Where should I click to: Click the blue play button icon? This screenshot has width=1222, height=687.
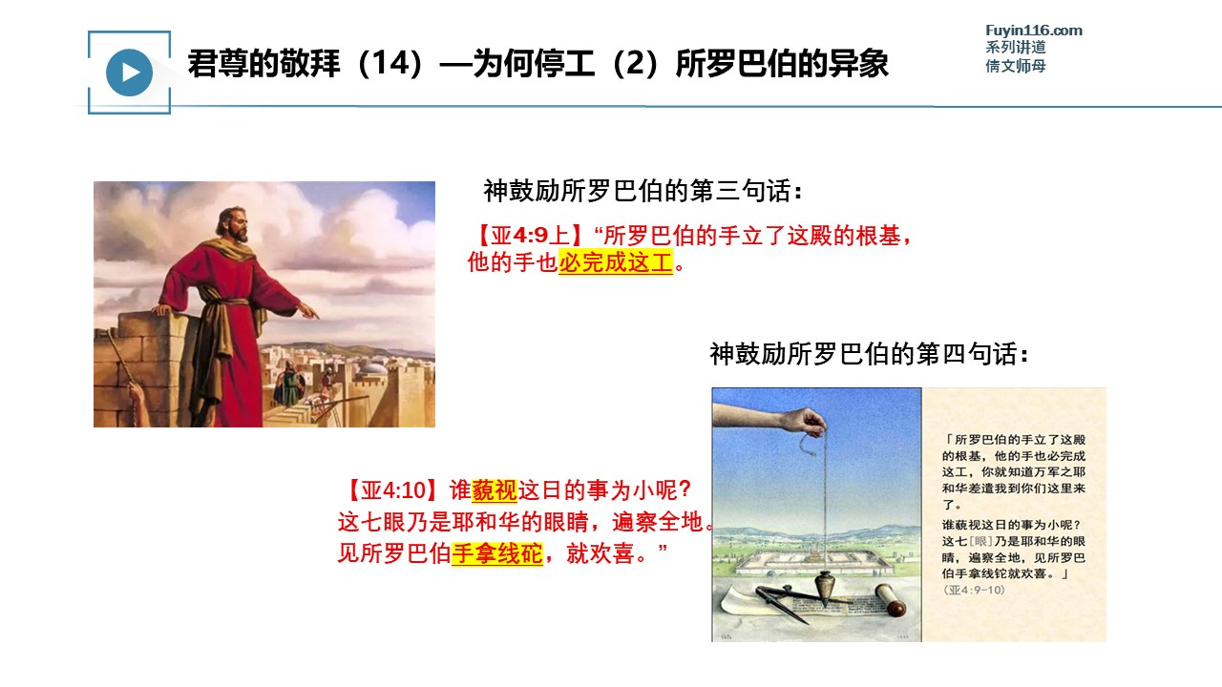[x=129, y=73]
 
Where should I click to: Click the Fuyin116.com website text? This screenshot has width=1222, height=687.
[x=1034, y=31]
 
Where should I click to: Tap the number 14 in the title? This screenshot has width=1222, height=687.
[x=391, y=63]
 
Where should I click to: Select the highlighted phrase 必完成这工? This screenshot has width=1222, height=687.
[x=616, y=262]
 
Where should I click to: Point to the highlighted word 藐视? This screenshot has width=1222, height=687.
[x=495, y=490]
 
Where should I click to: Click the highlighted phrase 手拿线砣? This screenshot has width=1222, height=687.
[x=497, y=553]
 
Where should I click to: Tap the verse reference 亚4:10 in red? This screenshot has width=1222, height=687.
[x=392, y=490]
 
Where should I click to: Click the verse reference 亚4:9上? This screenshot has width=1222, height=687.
[x=530, y=236]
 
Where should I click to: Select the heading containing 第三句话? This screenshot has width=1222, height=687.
[x=643, y=191]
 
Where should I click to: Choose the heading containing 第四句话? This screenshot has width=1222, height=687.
[x=869, y=354]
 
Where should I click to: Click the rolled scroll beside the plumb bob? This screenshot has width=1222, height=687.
[x=891, y=599]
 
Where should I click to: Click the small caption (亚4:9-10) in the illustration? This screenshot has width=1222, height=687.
[x=975, y=590]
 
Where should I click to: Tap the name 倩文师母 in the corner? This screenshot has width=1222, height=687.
[x=1015, y=66]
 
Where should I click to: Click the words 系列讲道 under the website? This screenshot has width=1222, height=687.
[x=1015, y=48]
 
